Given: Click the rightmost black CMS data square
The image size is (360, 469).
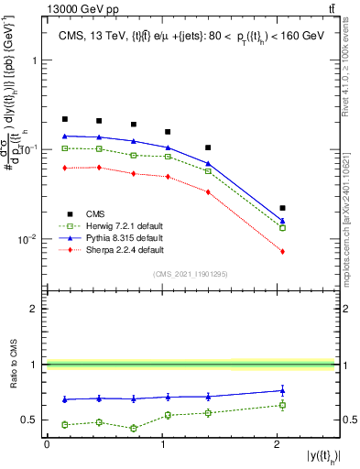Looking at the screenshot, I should point(282,208).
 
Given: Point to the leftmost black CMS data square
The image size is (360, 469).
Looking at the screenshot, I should point(65,119).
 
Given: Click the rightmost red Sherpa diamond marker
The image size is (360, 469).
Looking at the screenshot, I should point(282,251).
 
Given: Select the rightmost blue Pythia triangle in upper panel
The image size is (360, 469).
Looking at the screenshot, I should point(282,221).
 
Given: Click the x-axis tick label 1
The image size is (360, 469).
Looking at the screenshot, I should point(162,444).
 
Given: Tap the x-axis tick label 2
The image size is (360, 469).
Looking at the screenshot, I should point(277,444).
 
